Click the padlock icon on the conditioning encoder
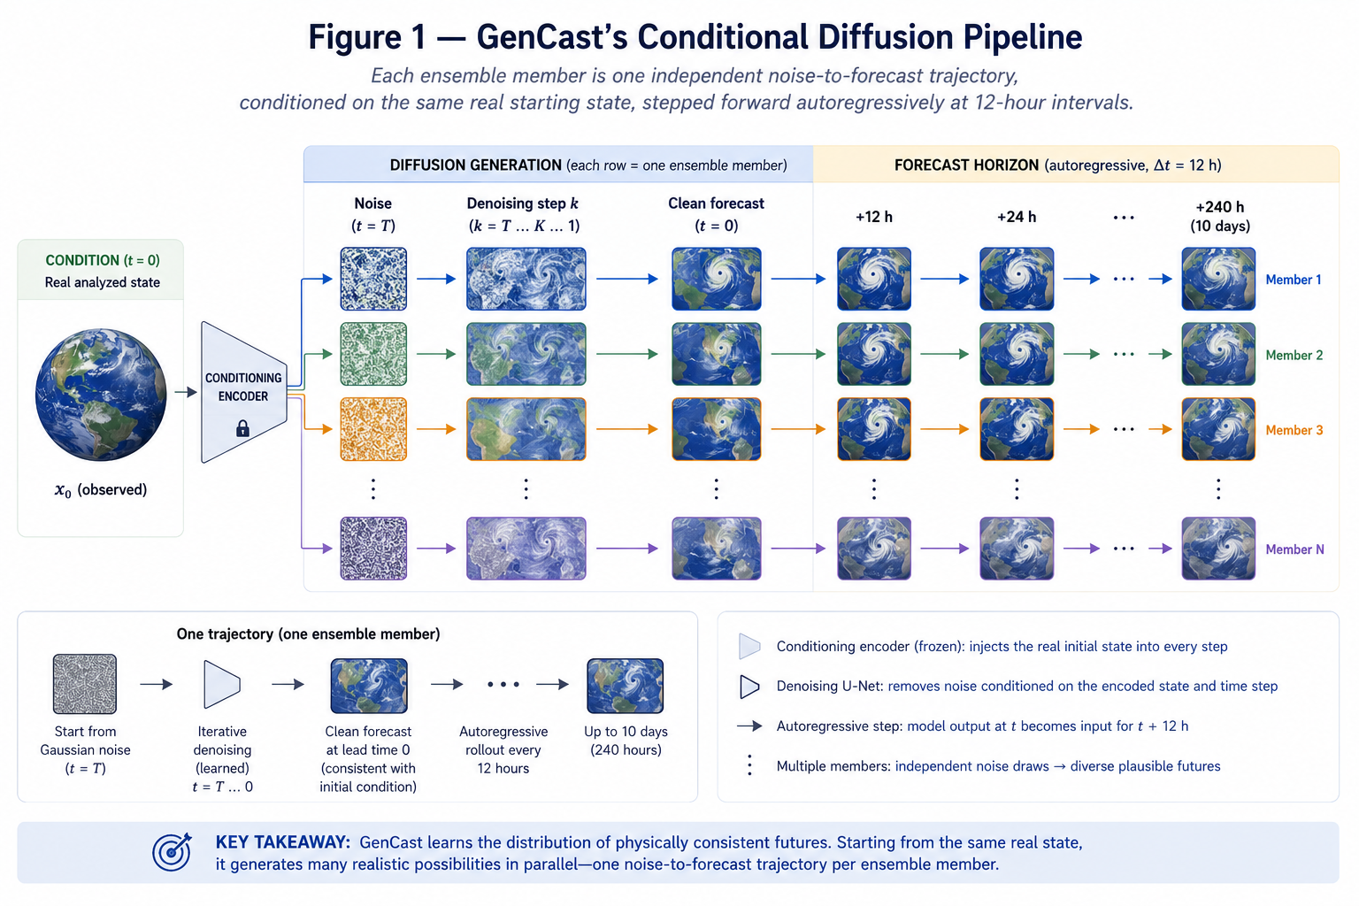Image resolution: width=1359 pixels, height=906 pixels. point(242,428)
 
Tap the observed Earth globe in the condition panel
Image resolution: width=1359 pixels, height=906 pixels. point(101,395)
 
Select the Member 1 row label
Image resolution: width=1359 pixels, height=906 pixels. point(1293,280)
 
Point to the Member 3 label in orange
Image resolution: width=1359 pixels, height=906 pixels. point(1294,430)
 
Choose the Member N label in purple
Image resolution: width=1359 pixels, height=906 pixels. point(1294,549)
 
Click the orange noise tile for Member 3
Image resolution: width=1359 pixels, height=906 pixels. point(373,429)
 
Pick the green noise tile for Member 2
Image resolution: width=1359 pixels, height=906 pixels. point(373,354)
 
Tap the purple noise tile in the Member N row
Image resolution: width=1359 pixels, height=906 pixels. point(373,548)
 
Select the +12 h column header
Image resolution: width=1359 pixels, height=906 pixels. point(873,217)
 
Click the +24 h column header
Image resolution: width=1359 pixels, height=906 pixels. point(1017,217)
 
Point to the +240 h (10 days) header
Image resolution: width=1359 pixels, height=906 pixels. point(1219,216)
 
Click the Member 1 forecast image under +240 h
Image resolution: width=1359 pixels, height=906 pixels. point(1218,279)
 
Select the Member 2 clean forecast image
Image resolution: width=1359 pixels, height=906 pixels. point(716,354)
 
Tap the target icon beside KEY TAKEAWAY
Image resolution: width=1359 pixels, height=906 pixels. point(172,851)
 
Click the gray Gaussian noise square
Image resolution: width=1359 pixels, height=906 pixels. point(84,684)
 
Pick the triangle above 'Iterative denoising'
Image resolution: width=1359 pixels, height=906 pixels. point(221,685)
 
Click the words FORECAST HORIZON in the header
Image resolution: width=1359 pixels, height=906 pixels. point(966,165)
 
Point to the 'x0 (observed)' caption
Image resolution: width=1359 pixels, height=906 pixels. point(101,489)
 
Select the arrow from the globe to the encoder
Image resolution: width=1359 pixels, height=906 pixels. point(186,393)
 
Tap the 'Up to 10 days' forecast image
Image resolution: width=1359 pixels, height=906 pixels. point(625,686)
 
